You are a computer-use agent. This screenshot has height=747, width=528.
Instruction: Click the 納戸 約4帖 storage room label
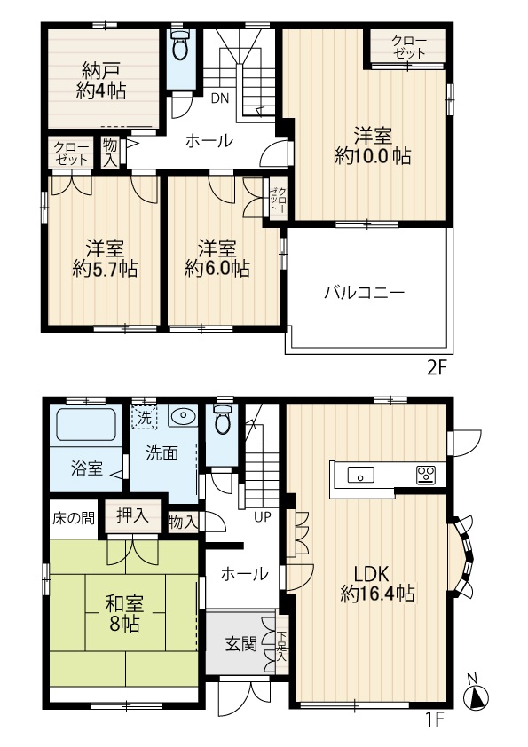tap(101, 81)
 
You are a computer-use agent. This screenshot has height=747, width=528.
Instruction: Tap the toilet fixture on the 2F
tap(179, 45)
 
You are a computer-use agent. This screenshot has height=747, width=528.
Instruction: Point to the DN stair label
tap(220, 98)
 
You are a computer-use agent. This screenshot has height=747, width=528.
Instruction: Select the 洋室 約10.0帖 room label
tap(373, 146)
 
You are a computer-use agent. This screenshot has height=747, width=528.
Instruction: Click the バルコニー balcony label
tap(365, 292)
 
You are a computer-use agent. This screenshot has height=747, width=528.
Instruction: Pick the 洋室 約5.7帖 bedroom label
tap(105, 259)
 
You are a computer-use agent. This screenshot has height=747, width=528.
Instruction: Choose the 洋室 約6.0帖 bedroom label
tap(217, 259)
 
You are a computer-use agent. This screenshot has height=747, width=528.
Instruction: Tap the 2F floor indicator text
tap(435, 368)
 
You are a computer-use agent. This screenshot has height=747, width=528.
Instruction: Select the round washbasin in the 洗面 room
tap(182, 417)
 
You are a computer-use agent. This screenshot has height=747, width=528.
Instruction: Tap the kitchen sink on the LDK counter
tap(360, 475)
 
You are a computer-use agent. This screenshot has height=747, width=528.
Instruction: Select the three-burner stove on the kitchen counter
tap(426, 475)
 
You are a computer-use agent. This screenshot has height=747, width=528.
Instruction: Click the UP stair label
tap(262, 517)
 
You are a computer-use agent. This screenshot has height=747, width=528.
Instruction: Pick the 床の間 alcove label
tap(74, 518)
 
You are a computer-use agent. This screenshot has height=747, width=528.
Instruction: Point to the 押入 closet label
tap(132, 516)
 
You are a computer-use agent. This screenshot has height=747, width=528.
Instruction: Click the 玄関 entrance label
tap(240, 645)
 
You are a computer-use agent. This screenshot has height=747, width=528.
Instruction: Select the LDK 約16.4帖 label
tap(377, 584)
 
